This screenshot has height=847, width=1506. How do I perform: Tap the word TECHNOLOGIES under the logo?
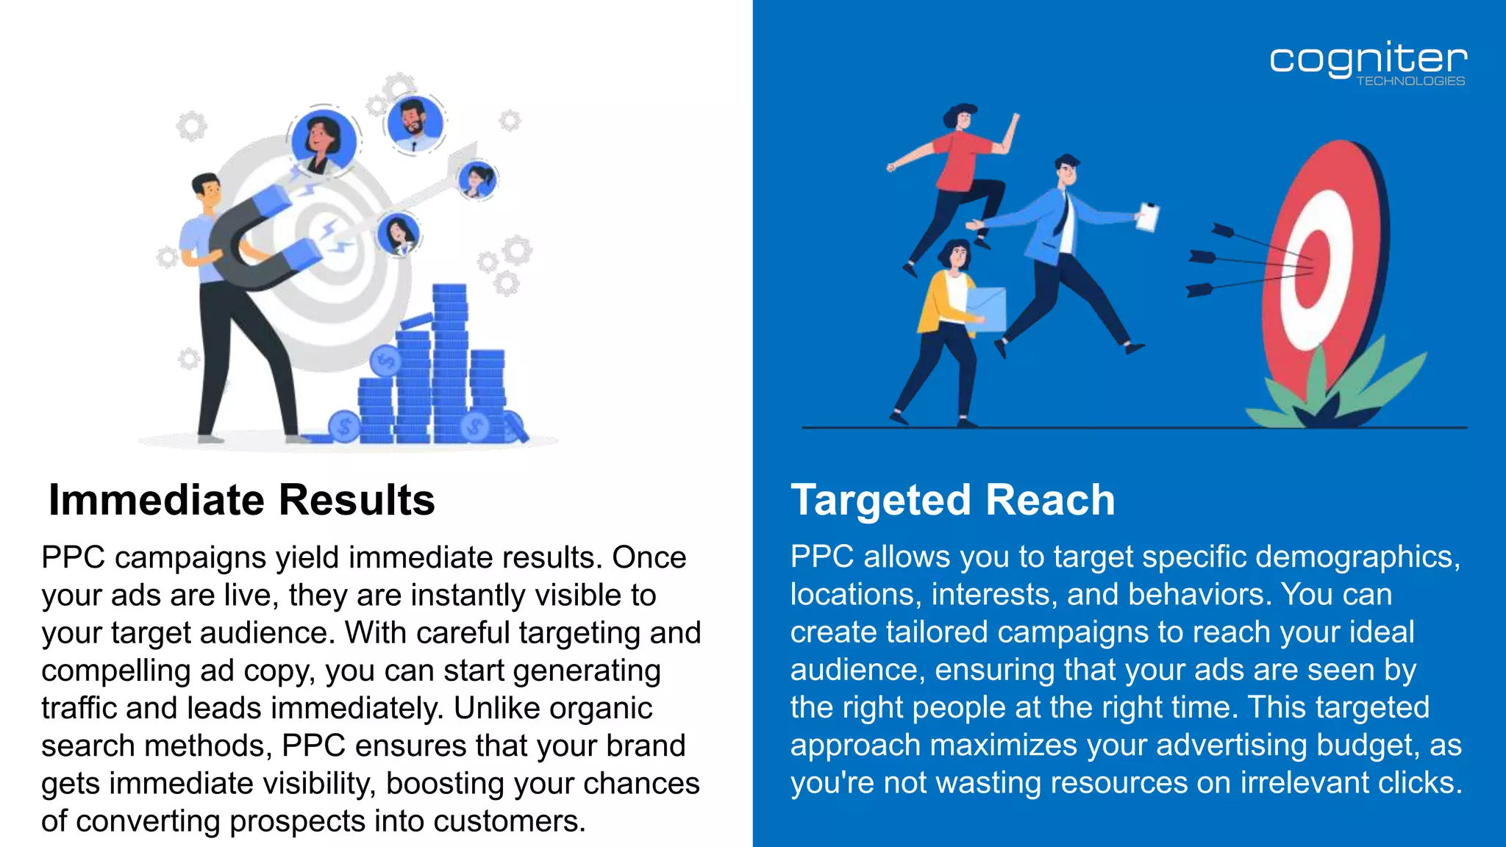tap(1410, 81)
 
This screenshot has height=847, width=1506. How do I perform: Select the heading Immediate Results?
tap(241, 500)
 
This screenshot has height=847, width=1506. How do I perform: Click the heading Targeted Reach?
tap(952, 500)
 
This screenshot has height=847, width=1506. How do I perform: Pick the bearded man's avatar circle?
tap(414, 121)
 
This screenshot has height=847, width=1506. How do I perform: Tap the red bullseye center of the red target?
tap(1314, 268)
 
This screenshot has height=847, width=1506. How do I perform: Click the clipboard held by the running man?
tap(1148, 217)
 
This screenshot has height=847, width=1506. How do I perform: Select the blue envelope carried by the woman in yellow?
tap(985, 309)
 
